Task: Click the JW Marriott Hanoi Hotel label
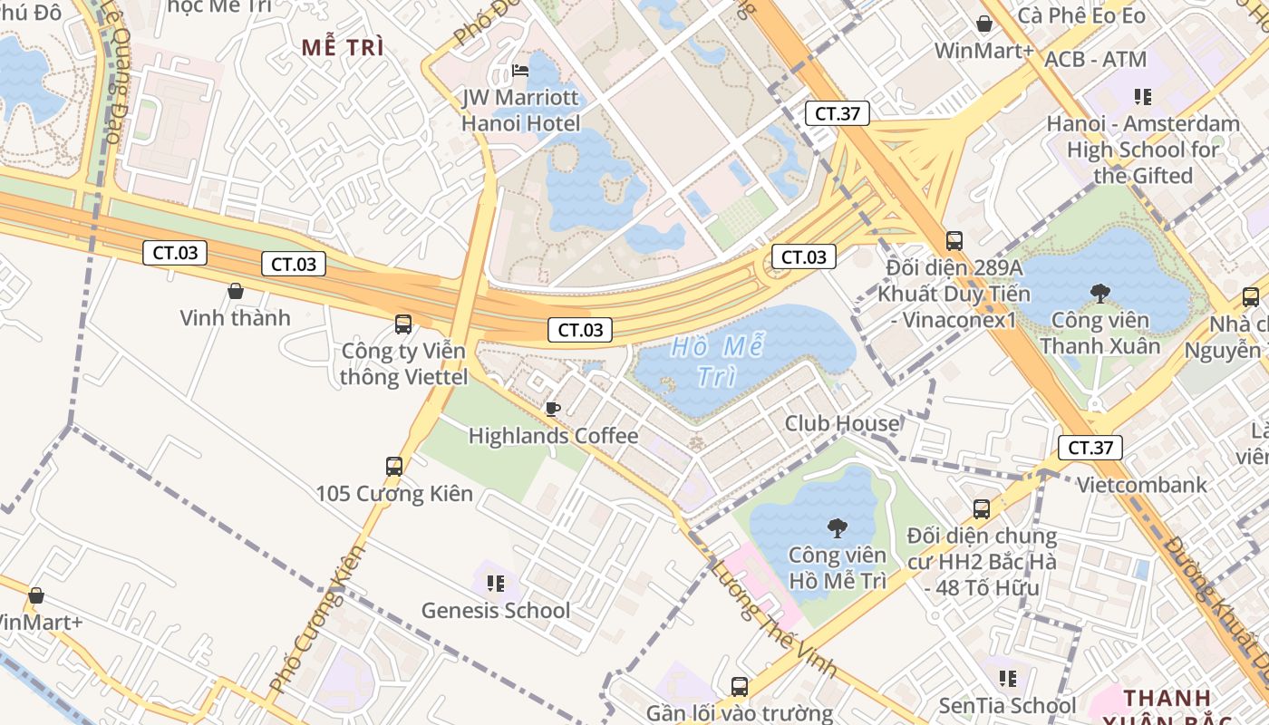coord(520,109)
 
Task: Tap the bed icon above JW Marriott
coord(520,71)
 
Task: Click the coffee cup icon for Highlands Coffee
coord(552,409)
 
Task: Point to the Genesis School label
coord(496,611)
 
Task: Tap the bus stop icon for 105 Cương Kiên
coord(394,467)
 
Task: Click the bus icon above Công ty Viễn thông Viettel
coord(403,324)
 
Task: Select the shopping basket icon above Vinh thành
coord(236,291)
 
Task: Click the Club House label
coord(842,423)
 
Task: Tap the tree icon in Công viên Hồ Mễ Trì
coord(837,527)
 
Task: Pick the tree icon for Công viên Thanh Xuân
coord(1100,293)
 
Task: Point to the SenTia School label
coord(1007,705)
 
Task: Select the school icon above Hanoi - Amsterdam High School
coord(1142,96)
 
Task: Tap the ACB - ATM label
coord(1095,60)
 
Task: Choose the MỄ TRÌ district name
coord(343,48)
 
